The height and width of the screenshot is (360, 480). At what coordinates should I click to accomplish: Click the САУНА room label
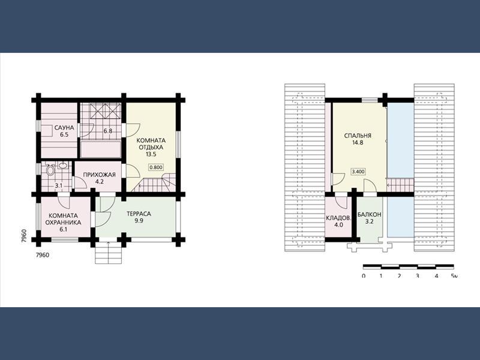(x=64, y=128)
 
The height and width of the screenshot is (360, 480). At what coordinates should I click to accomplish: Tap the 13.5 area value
(x=151, y=154)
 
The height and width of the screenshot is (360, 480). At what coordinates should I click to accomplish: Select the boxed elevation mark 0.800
(x=156, y=167)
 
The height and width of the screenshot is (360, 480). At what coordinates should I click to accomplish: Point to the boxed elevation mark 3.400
(x=358, y=172)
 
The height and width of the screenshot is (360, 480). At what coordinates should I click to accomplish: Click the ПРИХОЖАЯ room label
(x=100, y=175)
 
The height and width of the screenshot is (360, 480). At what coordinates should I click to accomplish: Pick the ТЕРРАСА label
(x=139, y=214)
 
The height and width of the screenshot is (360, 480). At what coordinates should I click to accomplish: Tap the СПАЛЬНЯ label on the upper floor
(x=358, y=136)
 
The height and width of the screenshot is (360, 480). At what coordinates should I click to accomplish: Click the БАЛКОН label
(x=370, y=215)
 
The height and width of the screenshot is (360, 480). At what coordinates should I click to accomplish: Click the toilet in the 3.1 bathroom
(x=50, y=170)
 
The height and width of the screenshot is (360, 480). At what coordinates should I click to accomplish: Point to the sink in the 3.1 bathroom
(x=64, y=166)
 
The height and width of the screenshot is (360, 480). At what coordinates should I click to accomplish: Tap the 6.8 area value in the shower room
(x=108, y=131)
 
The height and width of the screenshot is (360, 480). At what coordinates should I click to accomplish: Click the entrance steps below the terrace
(x=109, y=253)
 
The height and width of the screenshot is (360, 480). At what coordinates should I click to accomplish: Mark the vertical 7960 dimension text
(x=24, y=236)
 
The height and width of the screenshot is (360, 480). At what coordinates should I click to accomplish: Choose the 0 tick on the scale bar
(x=364, y=276)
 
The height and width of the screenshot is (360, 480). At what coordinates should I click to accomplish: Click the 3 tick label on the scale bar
(x=417, y=276)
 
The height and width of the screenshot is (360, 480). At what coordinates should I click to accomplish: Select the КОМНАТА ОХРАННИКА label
(x=63, y=219)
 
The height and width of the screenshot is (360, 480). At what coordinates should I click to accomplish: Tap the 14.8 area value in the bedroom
(x=358, y=142)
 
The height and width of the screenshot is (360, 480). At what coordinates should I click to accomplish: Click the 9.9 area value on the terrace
(x=139, y=221)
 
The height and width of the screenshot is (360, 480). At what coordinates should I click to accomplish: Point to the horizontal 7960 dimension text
(x=42, y=255)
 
